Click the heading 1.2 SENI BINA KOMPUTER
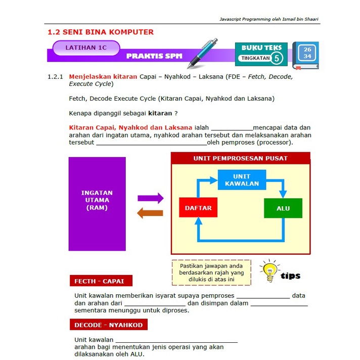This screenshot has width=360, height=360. tap(100, 32)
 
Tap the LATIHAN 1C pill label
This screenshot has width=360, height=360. tap(86, 48)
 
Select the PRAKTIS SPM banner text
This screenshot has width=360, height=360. tap(154, 56)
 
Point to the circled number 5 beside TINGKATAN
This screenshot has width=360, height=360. tap(277, 58)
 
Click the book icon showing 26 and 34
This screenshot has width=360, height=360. tap(306, 55)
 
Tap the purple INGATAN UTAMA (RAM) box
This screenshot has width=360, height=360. tap(97, 203)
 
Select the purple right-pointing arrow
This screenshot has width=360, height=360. tap(151, 198)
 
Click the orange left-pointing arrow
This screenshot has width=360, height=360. tap(150, 213)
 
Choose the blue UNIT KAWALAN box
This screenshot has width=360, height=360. tap(242, 179)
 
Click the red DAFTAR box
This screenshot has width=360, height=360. tap(198, 208)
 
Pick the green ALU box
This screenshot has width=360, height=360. tap(283, 208)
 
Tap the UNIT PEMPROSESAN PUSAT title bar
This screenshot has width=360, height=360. tap(240, 158)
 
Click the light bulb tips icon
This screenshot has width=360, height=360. tap(269, 272)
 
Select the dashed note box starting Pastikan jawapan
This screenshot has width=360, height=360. tap(211, 273)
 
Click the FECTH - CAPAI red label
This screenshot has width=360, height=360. tap(101, 281)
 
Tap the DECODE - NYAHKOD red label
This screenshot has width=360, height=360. tap(108, 325)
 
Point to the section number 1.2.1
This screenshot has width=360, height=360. tap(55, 77)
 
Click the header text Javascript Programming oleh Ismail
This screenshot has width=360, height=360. tap(269, 19)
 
